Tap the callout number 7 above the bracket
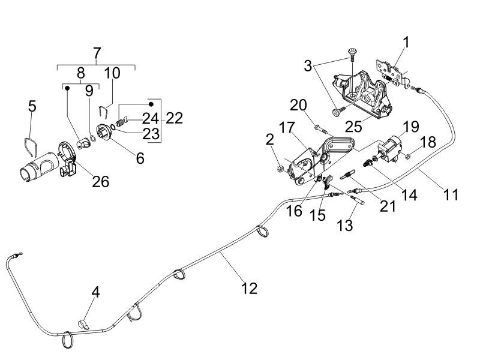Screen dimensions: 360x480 (x=97, y=53)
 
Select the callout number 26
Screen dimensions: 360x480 (x=100, y=181)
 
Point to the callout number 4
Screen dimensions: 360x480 (x=95, y=292)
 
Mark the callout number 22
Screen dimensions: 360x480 (x=174, y=118)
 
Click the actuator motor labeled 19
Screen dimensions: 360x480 (x=389, y=147)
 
